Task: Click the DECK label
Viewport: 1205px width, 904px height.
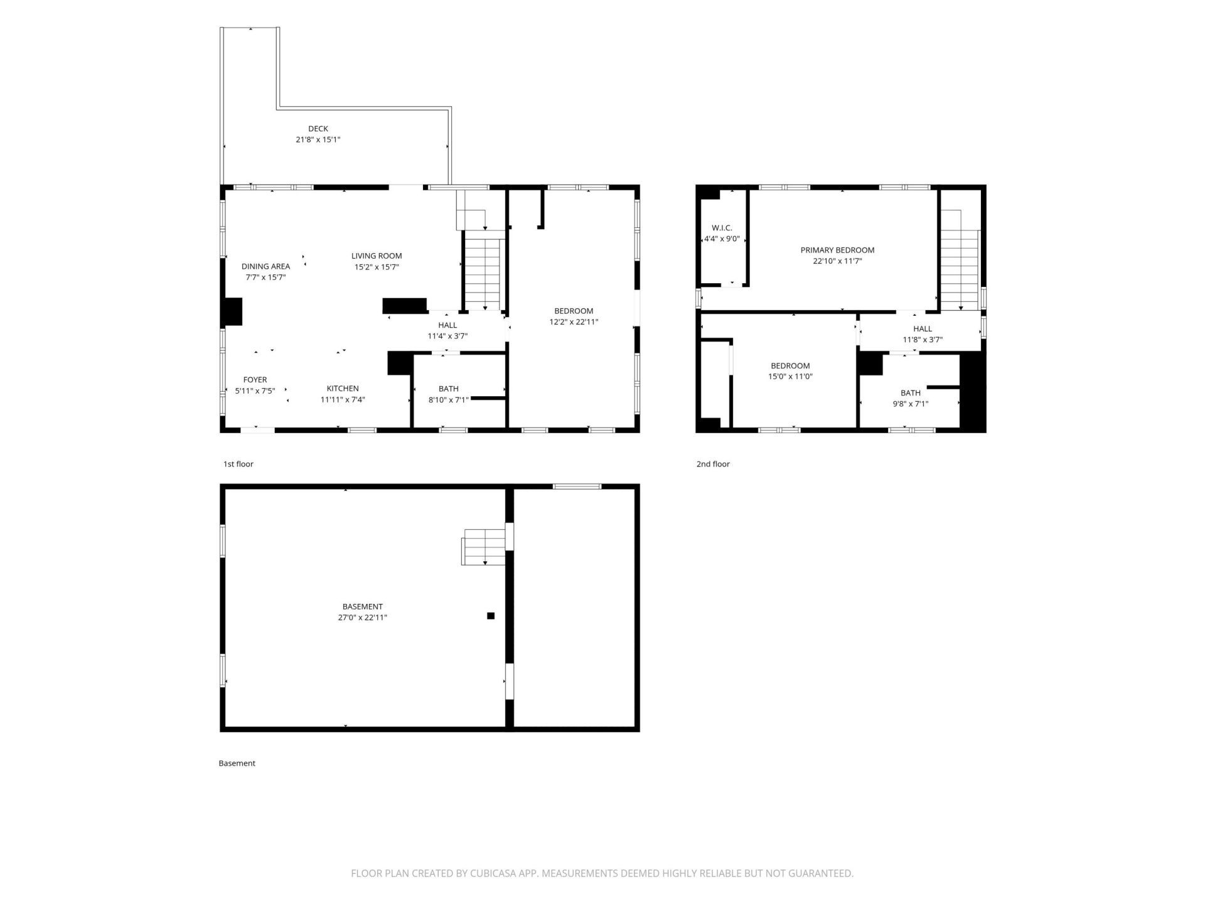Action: coord(318,129)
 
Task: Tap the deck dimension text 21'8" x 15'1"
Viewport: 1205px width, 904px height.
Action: coord(318,140)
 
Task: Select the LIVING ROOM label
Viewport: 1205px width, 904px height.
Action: coord(377,256)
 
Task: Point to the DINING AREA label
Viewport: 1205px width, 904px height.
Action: coord(265,267)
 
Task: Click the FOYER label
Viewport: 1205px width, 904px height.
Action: coord(255,380)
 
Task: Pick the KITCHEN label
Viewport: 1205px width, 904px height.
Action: coord(343,389)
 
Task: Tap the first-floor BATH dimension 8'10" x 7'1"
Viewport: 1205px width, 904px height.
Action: coord(449,400)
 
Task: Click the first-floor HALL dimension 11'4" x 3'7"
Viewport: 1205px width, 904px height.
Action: coord(447,336)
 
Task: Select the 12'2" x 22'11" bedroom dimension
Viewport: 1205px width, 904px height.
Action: coord(574,322)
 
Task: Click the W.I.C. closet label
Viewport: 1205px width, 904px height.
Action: coord(722,228)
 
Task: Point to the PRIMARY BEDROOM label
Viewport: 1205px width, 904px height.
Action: coord(837,250)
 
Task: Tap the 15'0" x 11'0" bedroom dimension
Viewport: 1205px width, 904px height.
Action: coord(790,377)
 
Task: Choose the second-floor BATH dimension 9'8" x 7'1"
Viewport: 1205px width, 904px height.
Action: coord(911,404)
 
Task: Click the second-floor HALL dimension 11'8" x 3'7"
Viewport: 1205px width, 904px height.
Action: coord(923,340)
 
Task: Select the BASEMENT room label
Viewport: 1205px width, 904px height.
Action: coord(363,607)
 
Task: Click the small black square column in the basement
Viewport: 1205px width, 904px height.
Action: coord(491,616)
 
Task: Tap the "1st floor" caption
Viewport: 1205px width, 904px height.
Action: coord(238,464)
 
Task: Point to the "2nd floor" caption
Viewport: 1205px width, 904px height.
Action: coord(713,464)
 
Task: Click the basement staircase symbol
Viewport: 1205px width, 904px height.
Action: coord(484,547)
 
